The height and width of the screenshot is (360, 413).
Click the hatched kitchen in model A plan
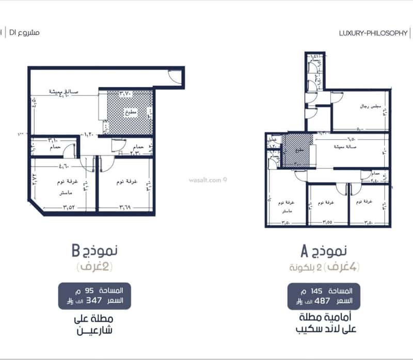[296, 150]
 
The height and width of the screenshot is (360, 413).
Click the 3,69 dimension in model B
[126, 208]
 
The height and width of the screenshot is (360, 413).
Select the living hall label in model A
[344, 146]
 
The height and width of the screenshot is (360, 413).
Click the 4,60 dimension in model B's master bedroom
[63, 167]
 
